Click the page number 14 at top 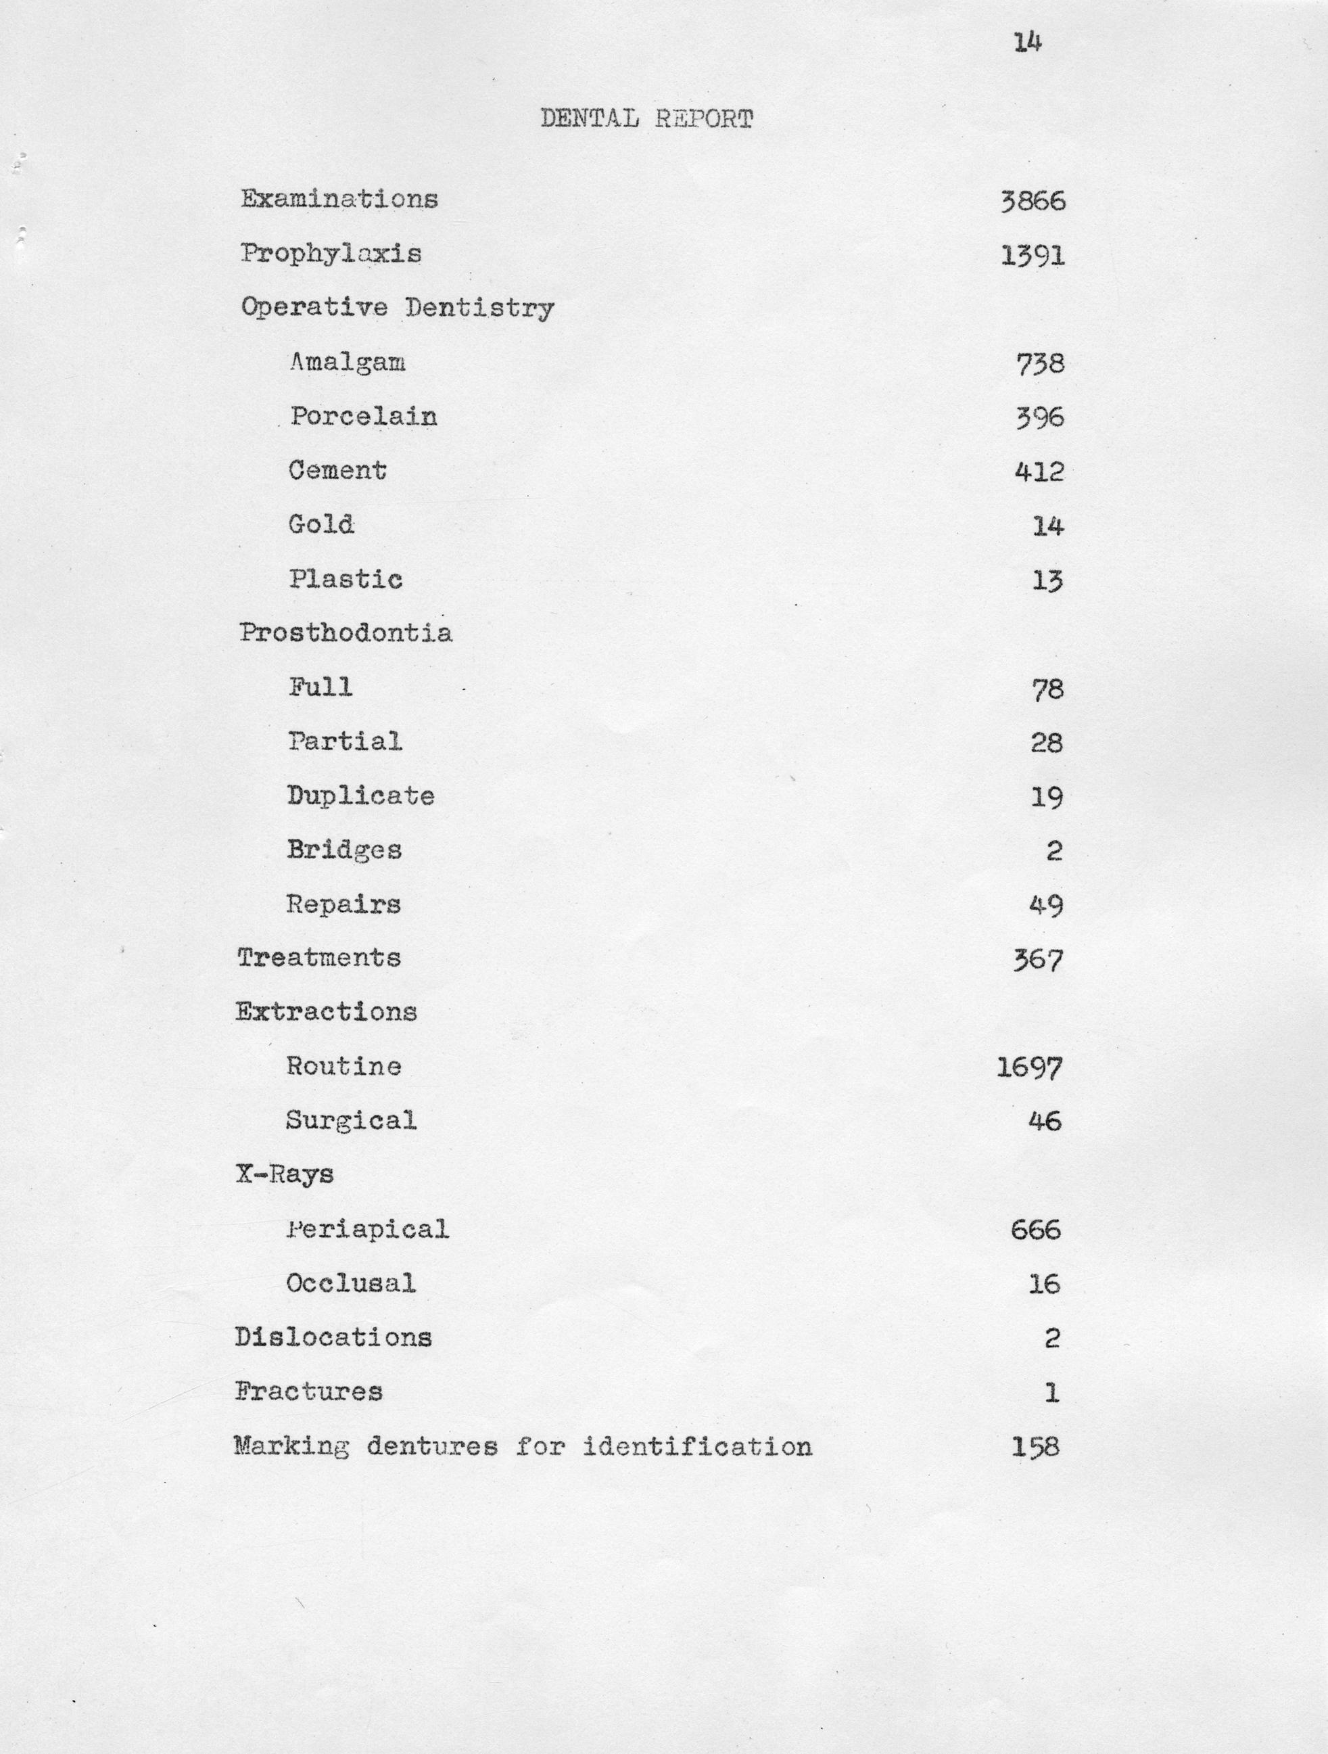(x=1026, y=43)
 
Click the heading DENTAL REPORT (x=646, y=119)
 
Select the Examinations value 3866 (x=1033, y=201)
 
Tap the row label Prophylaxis (x=331, y=254)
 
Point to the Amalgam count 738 (x=1039, y=364)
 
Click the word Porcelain (x=363, y=416)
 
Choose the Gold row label (x=321, y=525)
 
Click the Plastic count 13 (x=1047, y=581)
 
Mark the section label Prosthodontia (x=346, y=632)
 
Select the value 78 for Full (x=1047, y=689)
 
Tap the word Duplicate (x=361, y=795)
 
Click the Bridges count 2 (x=1053, y=851)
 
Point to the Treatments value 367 (x=1037, y=961)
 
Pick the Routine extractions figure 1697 (x=1028, y=1068)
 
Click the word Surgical (x=351, y=1120)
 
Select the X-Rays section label (x=285, y=1174)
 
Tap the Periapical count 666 (x=1035, y=1230)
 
